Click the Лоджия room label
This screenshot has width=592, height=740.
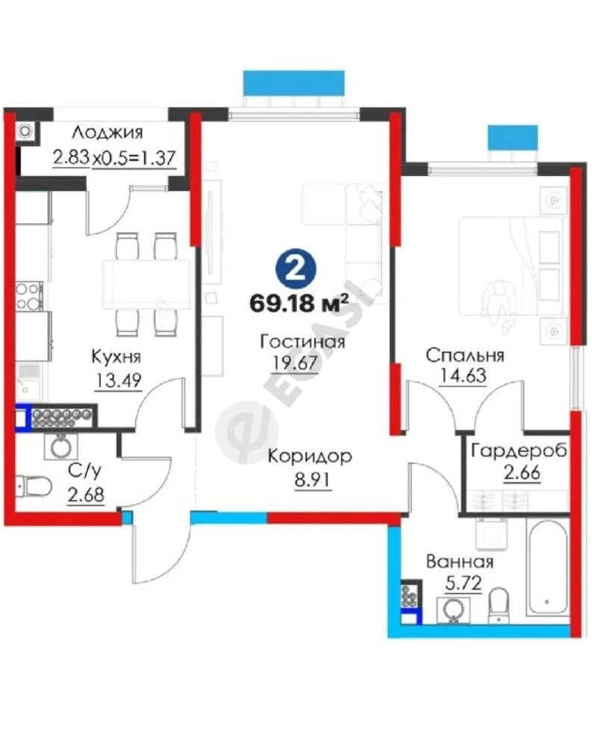108,133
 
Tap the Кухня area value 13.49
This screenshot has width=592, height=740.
118,380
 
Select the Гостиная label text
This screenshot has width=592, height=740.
302,341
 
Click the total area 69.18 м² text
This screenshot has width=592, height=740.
299,303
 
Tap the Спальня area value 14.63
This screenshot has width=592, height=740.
463,377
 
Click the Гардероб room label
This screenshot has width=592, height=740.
519,451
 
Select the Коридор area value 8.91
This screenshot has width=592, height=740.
313,480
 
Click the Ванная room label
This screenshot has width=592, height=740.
460,562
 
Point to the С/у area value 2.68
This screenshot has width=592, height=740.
86,495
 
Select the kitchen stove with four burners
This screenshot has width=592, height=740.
29,296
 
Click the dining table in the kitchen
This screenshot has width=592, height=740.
146,284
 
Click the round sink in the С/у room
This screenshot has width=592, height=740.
61,446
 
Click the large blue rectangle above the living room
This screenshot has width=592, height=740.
293,82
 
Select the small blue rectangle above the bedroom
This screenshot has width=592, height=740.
513,137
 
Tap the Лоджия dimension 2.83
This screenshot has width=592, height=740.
72,157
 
